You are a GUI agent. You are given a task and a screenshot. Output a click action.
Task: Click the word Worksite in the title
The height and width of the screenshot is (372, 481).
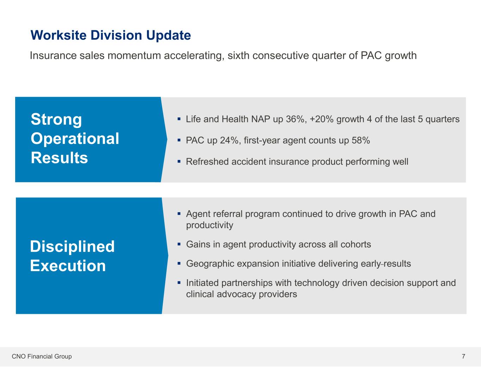tap(58, 35)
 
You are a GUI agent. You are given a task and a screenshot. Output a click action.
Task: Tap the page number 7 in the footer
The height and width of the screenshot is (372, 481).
tap(463, 356)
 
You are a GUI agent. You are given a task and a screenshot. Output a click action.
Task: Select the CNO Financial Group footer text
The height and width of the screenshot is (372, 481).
tap(42, 356)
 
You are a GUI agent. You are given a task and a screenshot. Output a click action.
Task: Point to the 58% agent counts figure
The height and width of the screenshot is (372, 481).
tap(361, 140)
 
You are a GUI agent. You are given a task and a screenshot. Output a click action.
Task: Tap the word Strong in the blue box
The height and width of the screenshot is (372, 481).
tap(56, 119)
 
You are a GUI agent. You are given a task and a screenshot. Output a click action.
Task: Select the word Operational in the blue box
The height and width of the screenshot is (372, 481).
tap(75, 139)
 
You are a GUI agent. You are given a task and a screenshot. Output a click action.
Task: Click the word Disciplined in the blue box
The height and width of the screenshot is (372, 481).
tap(72, 246)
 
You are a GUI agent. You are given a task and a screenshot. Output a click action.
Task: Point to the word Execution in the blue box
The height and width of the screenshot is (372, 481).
tap(68, 266)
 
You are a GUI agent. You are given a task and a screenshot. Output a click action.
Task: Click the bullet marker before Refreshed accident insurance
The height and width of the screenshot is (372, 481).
tap(179, 161)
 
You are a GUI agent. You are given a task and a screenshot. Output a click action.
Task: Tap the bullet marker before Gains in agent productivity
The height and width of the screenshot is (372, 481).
tap(179, 244)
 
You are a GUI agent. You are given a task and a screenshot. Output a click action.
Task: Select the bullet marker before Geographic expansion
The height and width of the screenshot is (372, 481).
tap(179, 264)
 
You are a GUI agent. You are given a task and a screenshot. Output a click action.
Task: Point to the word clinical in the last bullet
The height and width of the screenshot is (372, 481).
tap(200, 294)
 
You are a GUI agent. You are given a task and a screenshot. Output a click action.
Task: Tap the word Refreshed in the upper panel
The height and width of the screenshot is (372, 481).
tap(207, 161)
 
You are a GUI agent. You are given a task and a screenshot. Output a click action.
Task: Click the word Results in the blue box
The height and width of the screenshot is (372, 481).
tap(59, 158)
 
